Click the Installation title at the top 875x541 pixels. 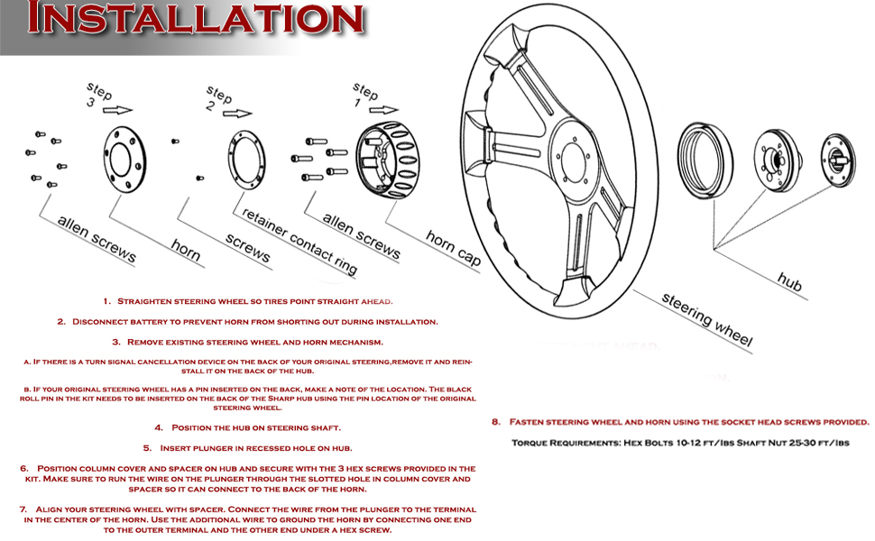(196, 17)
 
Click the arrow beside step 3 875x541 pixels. (118, 110)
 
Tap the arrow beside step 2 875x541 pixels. (237, 114)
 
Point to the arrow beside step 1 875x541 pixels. (384, 109)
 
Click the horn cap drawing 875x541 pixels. (388, 160)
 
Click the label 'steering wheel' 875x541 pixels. (707, 319)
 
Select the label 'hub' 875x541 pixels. (789, 281)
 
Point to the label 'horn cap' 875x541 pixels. (453, 248)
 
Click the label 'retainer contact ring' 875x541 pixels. (299, 242)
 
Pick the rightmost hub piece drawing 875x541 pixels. (838, 160)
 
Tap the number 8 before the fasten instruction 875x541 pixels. (495, 422)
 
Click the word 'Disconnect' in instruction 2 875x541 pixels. (98, 322)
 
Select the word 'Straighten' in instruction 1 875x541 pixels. (144, 301)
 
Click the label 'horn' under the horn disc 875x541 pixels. (185, 249)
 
